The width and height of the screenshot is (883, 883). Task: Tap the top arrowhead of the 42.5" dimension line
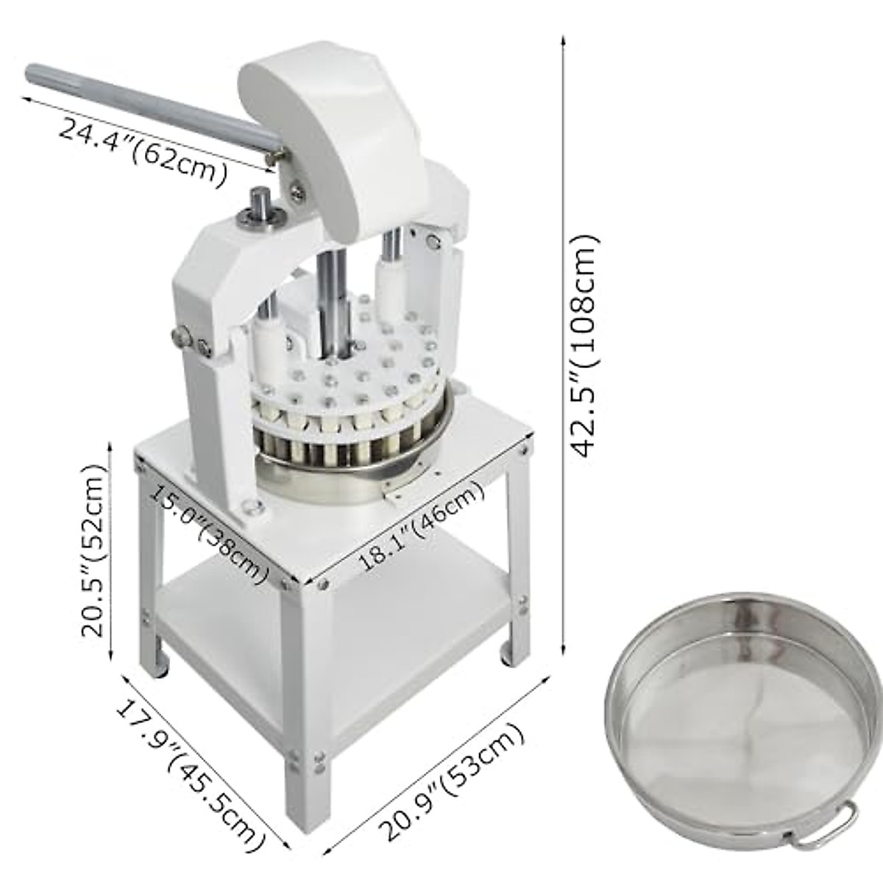point(564,38)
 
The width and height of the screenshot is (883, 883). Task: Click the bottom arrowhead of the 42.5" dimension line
point(564,648)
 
